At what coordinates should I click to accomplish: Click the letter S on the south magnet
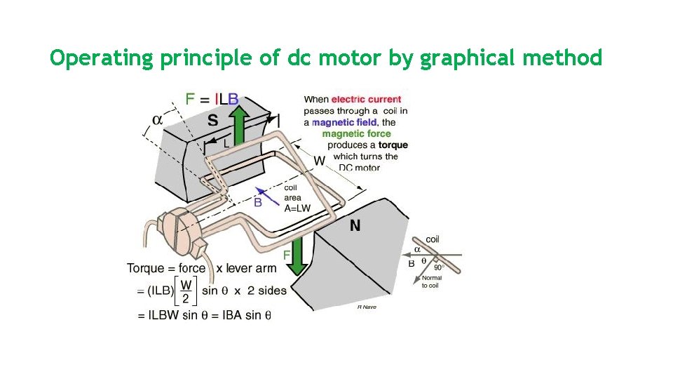[212, 120]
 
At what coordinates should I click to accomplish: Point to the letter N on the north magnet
[355, 226]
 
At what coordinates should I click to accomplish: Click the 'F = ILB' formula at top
[211, 100]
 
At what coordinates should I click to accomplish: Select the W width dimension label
[319, 161]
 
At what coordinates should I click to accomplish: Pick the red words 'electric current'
[366, 100]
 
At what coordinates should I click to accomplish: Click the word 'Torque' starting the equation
[145, 268]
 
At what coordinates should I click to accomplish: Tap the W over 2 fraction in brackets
[186, 291]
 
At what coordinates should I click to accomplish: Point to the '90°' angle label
[439, 267]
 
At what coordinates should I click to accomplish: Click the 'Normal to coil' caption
[431, 282]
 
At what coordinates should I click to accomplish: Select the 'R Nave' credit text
[367, 307]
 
